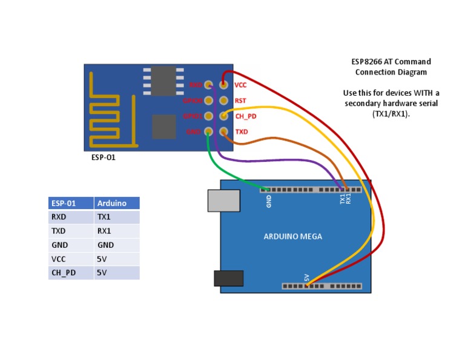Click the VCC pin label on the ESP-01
tap(240, 85)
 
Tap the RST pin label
tap(240, 101)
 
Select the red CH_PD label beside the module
tap(245, 116)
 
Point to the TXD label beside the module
tap(241, 132)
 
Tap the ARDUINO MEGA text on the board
tap(292, 236)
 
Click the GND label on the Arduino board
tap(269, 201)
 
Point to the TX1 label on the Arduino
tap(342, 199)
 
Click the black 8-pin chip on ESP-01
tap(163, 81)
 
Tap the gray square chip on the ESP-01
tap(163, 126)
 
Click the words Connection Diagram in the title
tap(391, 72)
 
